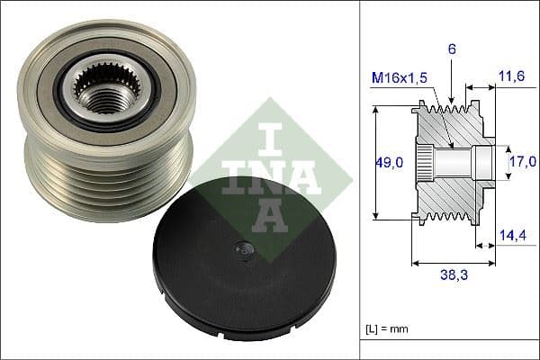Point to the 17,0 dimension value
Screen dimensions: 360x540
tap(523, 161)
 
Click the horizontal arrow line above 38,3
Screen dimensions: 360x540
tap(453, 264)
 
